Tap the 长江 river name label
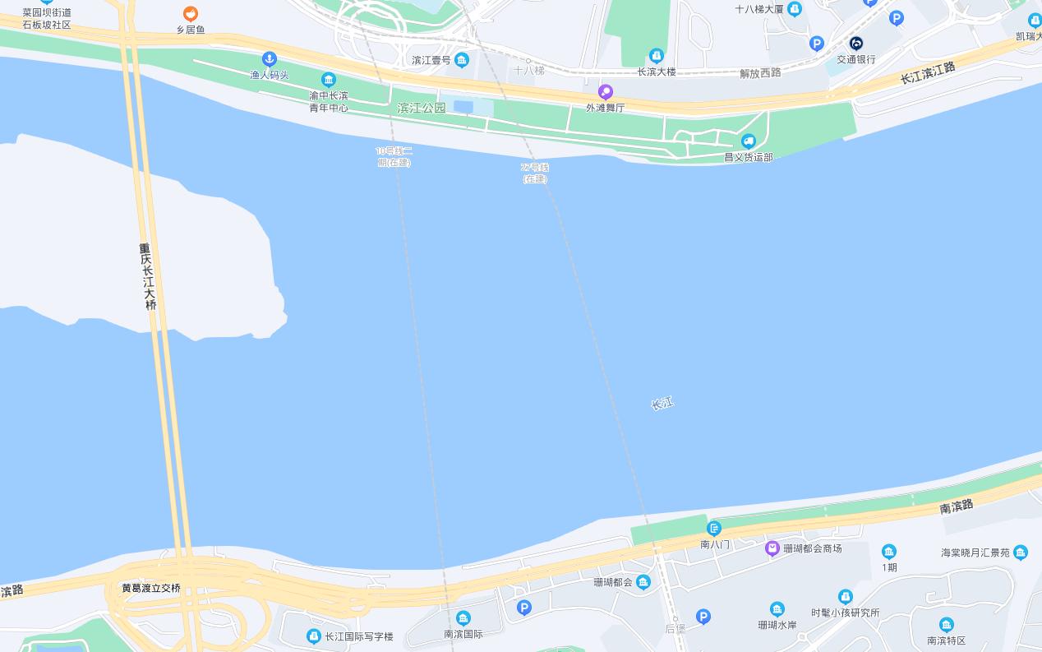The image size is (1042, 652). [x=662, y=403]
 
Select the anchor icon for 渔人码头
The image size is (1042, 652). [x=269, y=59]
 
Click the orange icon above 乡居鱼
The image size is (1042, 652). [x=190, y=14]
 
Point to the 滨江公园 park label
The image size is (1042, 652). [x=421, y=108]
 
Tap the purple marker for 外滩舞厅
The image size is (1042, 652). [x=606, y=92]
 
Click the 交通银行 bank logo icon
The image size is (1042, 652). [x=856, y=44]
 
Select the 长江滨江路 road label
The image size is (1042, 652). [x=928, y=72]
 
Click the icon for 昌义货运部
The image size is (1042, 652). [x=748, y=141]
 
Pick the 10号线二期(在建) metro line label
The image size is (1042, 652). [x=394, y=156]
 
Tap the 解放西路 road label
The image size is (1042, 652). [x=760, y=72]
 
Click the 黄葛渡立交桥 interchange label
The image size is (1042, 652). [x=150, y=588]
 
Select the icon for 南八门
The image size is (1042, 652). [x=714, y=528]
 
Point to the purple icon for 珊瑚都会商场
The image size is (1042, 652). [x=772, y=548]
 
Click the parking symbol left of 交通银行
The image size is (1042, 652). [x=816, y=44]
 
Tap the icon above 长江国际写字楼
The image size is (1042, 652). [x=313, y=636]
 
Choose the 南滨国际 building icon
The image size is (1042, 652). [x=463, y=618]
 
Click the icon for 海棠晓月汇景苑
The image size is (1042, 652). [x=1021, y=553]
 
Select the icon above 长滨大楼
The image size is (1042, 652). [x=656, y=56]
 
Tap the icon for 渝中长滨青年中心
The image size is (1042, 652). [x=329, y=80]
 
